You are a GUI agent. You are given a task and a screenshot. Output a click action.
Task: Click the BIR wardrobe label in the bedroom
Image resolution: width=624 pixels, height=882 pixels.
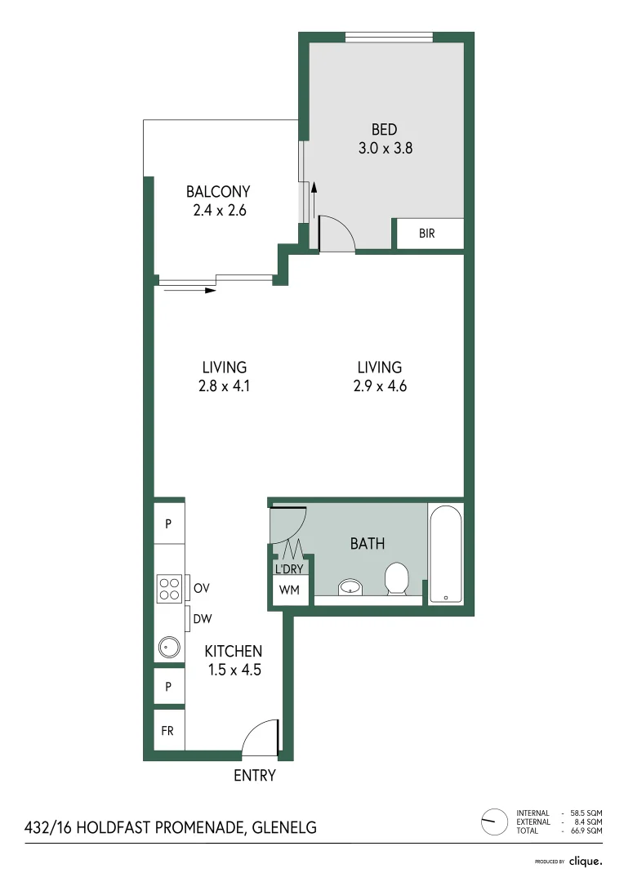(427, 234)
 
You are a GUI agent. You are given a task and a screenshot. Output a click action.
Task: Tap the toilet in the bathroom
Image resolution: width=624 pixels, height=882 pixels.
(397, 578)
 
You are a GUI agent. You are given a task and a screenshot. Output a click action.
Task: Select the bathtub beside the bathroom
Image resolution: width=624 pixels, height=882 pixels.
(445, 555)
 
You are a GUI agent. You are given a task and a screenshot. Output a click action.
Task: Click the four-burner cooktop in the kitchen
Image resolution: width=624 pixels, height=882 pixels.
(169, 589)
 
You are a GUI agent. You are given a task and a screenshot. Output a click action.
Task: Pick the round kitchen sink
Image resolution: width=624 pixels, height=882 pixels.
(167, 648)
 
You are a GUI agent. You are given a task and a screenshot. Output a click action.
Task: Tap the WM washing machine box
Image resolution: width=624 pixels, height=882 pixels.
(289, 589)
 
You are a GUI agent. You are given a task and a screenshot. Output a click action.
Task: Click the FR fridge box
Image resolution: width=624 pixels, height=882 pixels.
(169, 730)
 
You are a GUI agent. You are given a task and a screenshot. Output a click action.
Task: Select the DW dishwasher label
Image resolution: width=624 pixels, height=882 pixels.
(203, 620)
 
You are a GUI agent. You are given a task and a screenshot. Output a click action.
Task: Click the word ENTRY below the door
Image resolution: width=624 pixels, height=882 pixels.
(255, 776)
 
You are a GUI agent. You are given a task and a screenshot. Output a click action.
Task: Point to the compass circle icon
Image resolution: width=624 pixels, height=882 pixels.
(494, 821)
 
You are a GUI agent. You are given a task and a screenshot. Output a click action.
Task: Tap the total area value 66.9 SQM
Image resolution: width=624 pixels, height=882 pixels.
(585, 831)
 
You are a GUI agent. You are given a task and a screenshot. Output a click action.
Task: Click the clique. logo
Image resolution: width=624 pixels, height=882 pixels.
(586, 861)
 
